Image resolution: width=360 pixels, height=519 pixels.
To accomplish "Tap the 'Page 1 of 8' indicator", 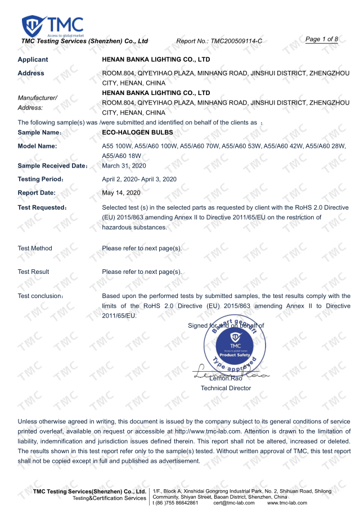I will (x=321, y=39).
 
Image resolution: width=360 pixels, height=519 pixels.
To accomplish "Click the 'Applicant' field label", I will (x=33, y=60).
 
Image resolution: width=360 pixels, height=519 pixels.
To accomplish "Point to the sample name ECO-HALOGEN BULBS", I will (x=137, y=133).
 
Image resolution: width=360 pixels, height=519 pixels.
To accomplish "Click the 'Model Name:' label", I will (x=37, y=146).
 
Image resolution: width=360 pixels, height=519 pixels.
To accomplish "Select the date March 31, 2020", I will (x=124, y=165).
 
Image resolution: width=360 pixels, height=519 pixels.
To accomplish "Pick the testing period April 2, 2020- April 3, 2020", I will (x=139, y=179).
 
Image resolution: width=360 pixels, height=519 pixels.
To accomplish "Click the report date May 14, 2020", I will (x=121, y=193).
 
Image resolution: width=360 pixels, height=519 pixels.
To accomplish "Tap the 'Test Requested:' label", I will (x=42, y=207).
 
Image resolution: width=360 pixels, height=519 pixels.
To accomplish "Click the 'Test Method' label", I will (x=35, y=248).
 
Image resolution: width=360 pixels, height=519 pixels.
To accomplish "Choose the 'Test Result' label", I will (x=33, y=272).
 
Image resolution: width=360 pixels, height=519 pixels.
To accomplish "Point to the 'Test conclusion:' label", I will (x=40, y=296).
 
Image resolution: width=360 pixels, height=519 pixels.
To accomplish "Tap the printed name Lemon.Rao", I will (x=226, y=379).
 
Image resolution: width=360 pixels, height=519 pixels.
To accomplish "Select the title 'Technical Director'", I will (x=226, y=388).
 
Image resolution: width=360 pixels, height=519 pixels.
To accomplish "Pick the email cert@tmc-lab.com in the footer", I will (x=235, y=503).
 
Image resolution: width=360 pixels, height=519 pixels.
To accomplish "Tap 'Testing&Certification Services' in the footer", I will (x=109, y=498).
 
